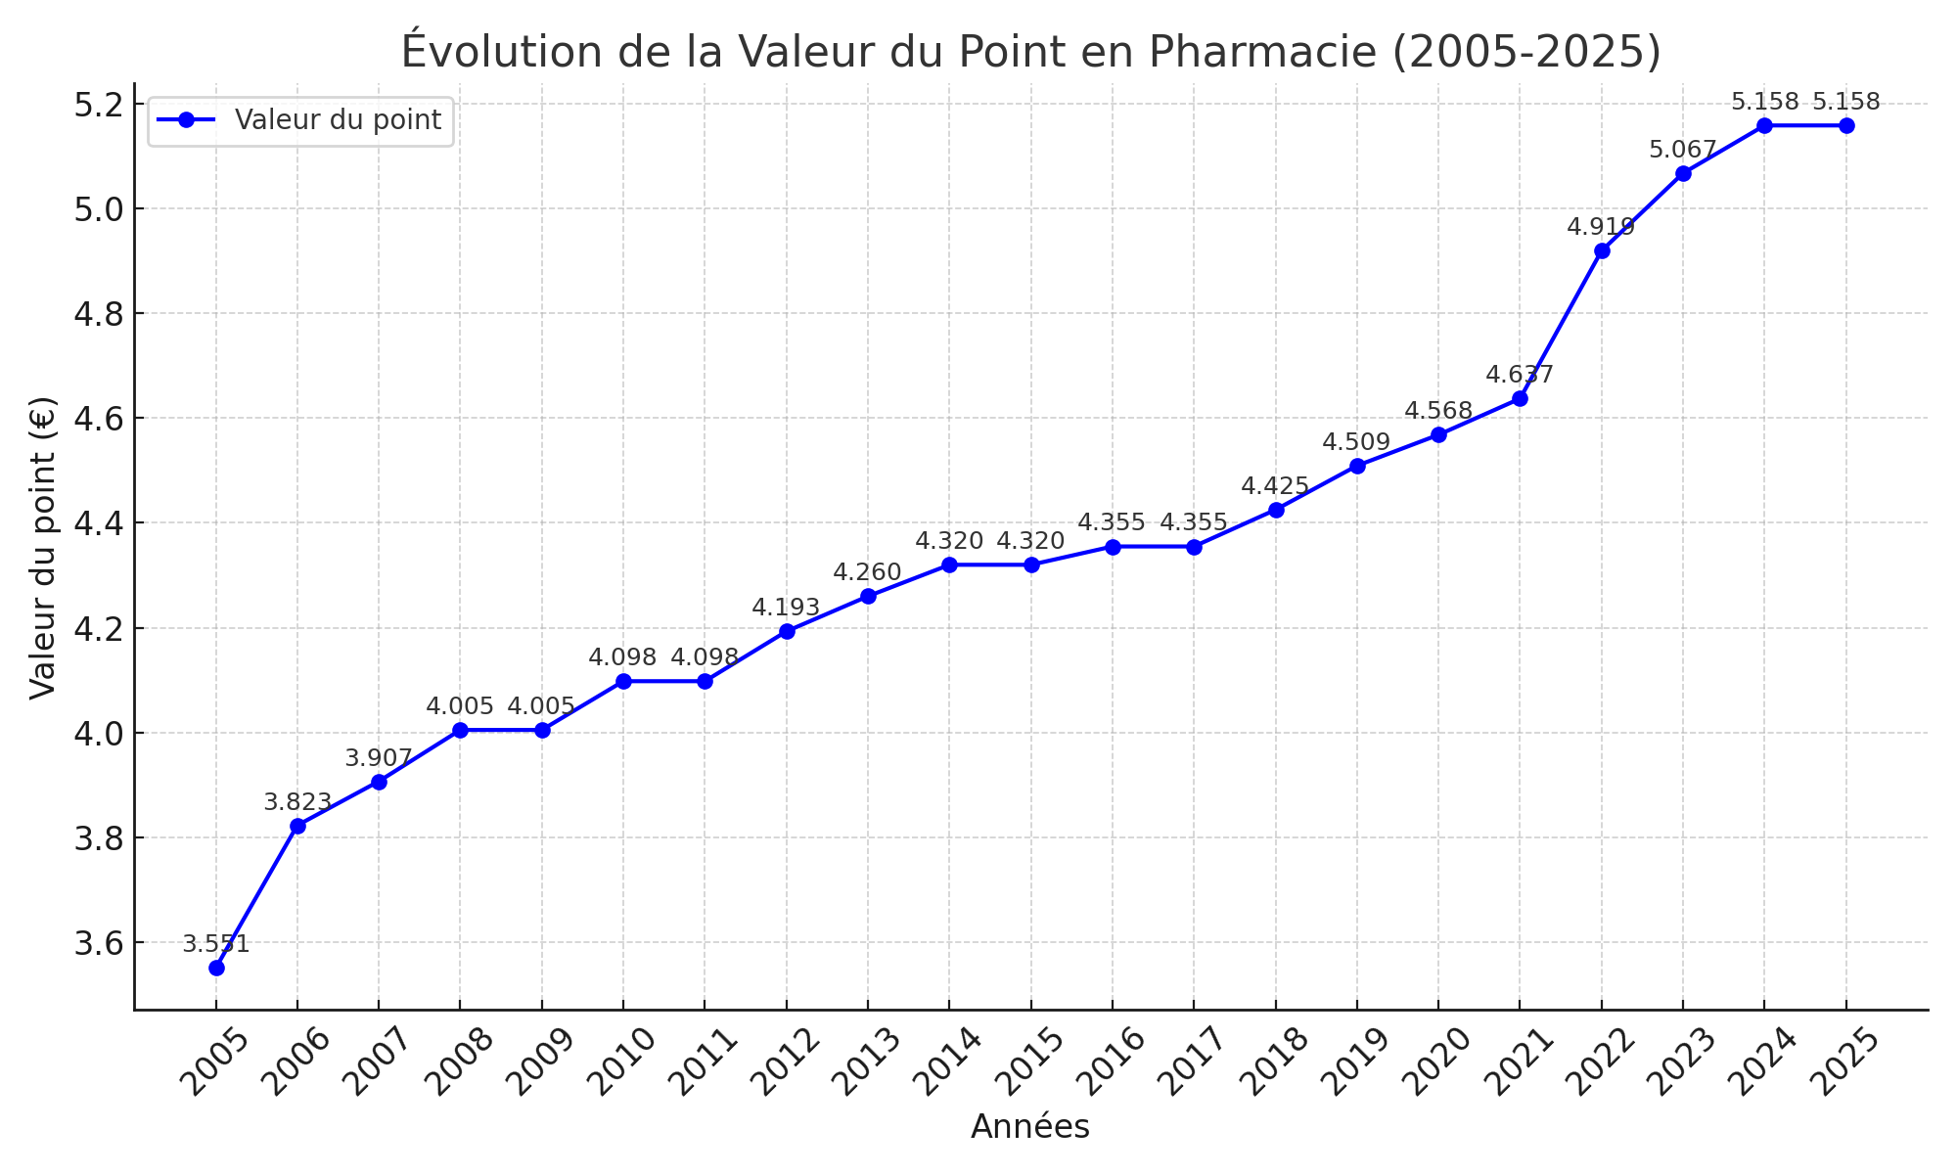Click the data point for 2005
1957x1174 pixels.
point(216,968)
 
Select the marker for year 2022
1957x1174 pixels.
point(1602,251)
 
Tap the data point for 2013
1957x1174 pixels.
point(868,596)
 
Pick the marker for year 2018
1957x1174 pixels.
point(1276,510)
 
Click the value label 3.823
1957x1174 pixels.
point(297,803)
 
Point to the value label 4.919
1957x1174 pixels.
point(1601,228)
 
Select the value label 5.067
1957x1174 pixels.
point(1683,151)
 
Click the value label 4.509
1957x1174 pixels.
point(1356,443)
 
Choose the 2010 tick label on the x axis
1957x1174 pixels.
point(622,1061)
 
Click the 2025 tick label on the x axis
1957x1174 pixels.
point(1845,1061)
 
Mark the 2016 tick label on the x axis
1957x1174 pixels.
point(1112,1061)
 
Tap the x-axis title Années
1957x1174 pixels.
point(1030,1128)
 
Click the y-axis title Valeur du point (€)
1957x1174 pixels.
point(43,547)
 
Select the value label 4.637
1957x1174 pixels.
point(1520,375)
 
